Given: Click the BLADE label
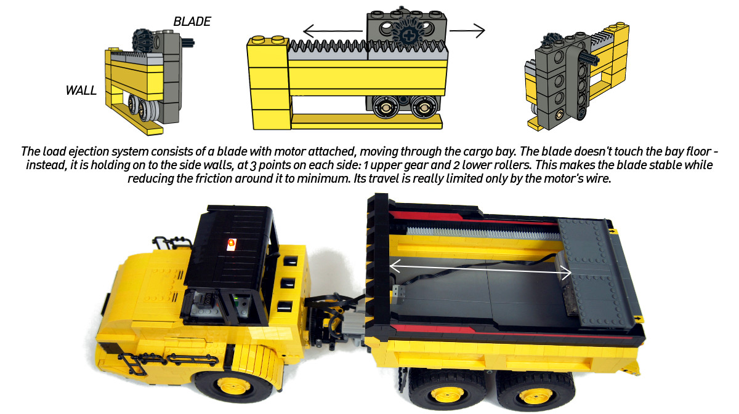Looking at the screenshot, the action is [x=192, y=22].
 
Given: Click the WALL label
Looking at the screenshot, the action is [x=81, y=90].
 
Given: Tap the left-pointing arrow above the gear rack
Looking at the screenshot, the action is [x=333, y=31].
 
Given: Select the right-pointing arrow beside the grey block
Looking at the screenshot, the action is [x=467, y=31].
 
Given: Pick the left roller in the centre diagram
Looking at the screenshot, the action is [x=386, y=106].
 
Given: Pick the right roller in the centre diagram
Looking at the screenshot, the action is [x=423, y=106].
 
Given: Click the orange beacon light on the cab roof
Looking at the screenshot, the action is [x=232, y=244].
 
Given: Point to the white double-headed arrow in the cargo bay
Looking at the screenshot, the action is [x=480, y=269].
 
